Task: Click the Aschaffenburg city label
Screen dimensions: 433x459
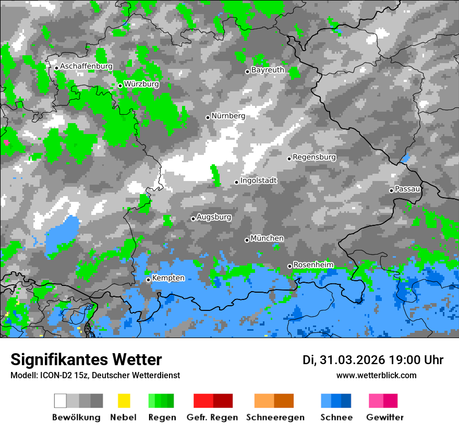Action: pyautogui.click(x=86, y=66)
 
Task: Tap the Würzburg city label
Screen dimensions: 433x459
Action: pyautogui.click(x=141, y=84)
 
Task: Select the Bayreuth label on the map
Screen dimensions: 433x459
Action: pyautogui.click(x=268, y=70)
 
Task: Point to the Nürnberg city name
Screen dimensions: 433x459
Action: pyautogui.click(x=228, y=116)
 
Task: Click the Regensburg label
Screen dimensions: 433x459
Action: pyautogui.click(x=314, y=157)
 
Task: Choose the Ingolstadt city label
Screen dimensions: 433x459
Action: pyautogui.click(x=259, y=181)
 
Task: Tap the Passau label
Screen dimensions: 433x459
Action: pyautogui.click(x=408, y=189)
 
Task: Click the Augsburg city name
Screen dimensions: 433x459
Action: pyautogui.click(x=214, y=217)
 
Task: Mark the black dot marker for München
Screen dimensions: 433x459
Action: pyautogui.click(x=247, y=240)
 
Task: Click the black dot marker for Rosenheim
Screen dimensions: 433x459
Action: pyautogui.click(x=289, y=266)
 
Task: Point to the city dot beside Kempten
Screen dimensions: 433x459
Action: pyautogui.click(x=148, y=280)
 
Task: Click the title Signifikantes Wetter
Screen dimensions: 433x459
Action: pyautogui.click(x=86, y=360)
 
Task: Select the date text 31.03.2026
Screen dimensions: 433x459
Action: pyautogui.click(x=352, y=360)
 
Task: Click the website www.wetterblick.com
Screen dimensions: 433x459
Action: pyautogui.click(x=376, y=376)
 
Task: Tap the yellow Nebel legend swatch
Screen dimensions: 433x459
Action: pyautogui.click(x=124, y=401)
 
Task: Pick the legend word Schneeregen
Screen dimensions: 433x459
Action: pyautogui.click(x=275, y=417)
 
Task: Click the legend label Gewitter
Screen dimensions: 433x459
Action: pyautogui.click(x=384, y=417)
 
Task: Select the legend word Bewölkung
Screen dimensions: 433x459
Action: pyautogui.click(x=76, y=417)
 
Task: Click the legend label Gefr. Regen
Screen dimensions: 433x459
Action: pyautogui.click(x=212, y=417)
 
